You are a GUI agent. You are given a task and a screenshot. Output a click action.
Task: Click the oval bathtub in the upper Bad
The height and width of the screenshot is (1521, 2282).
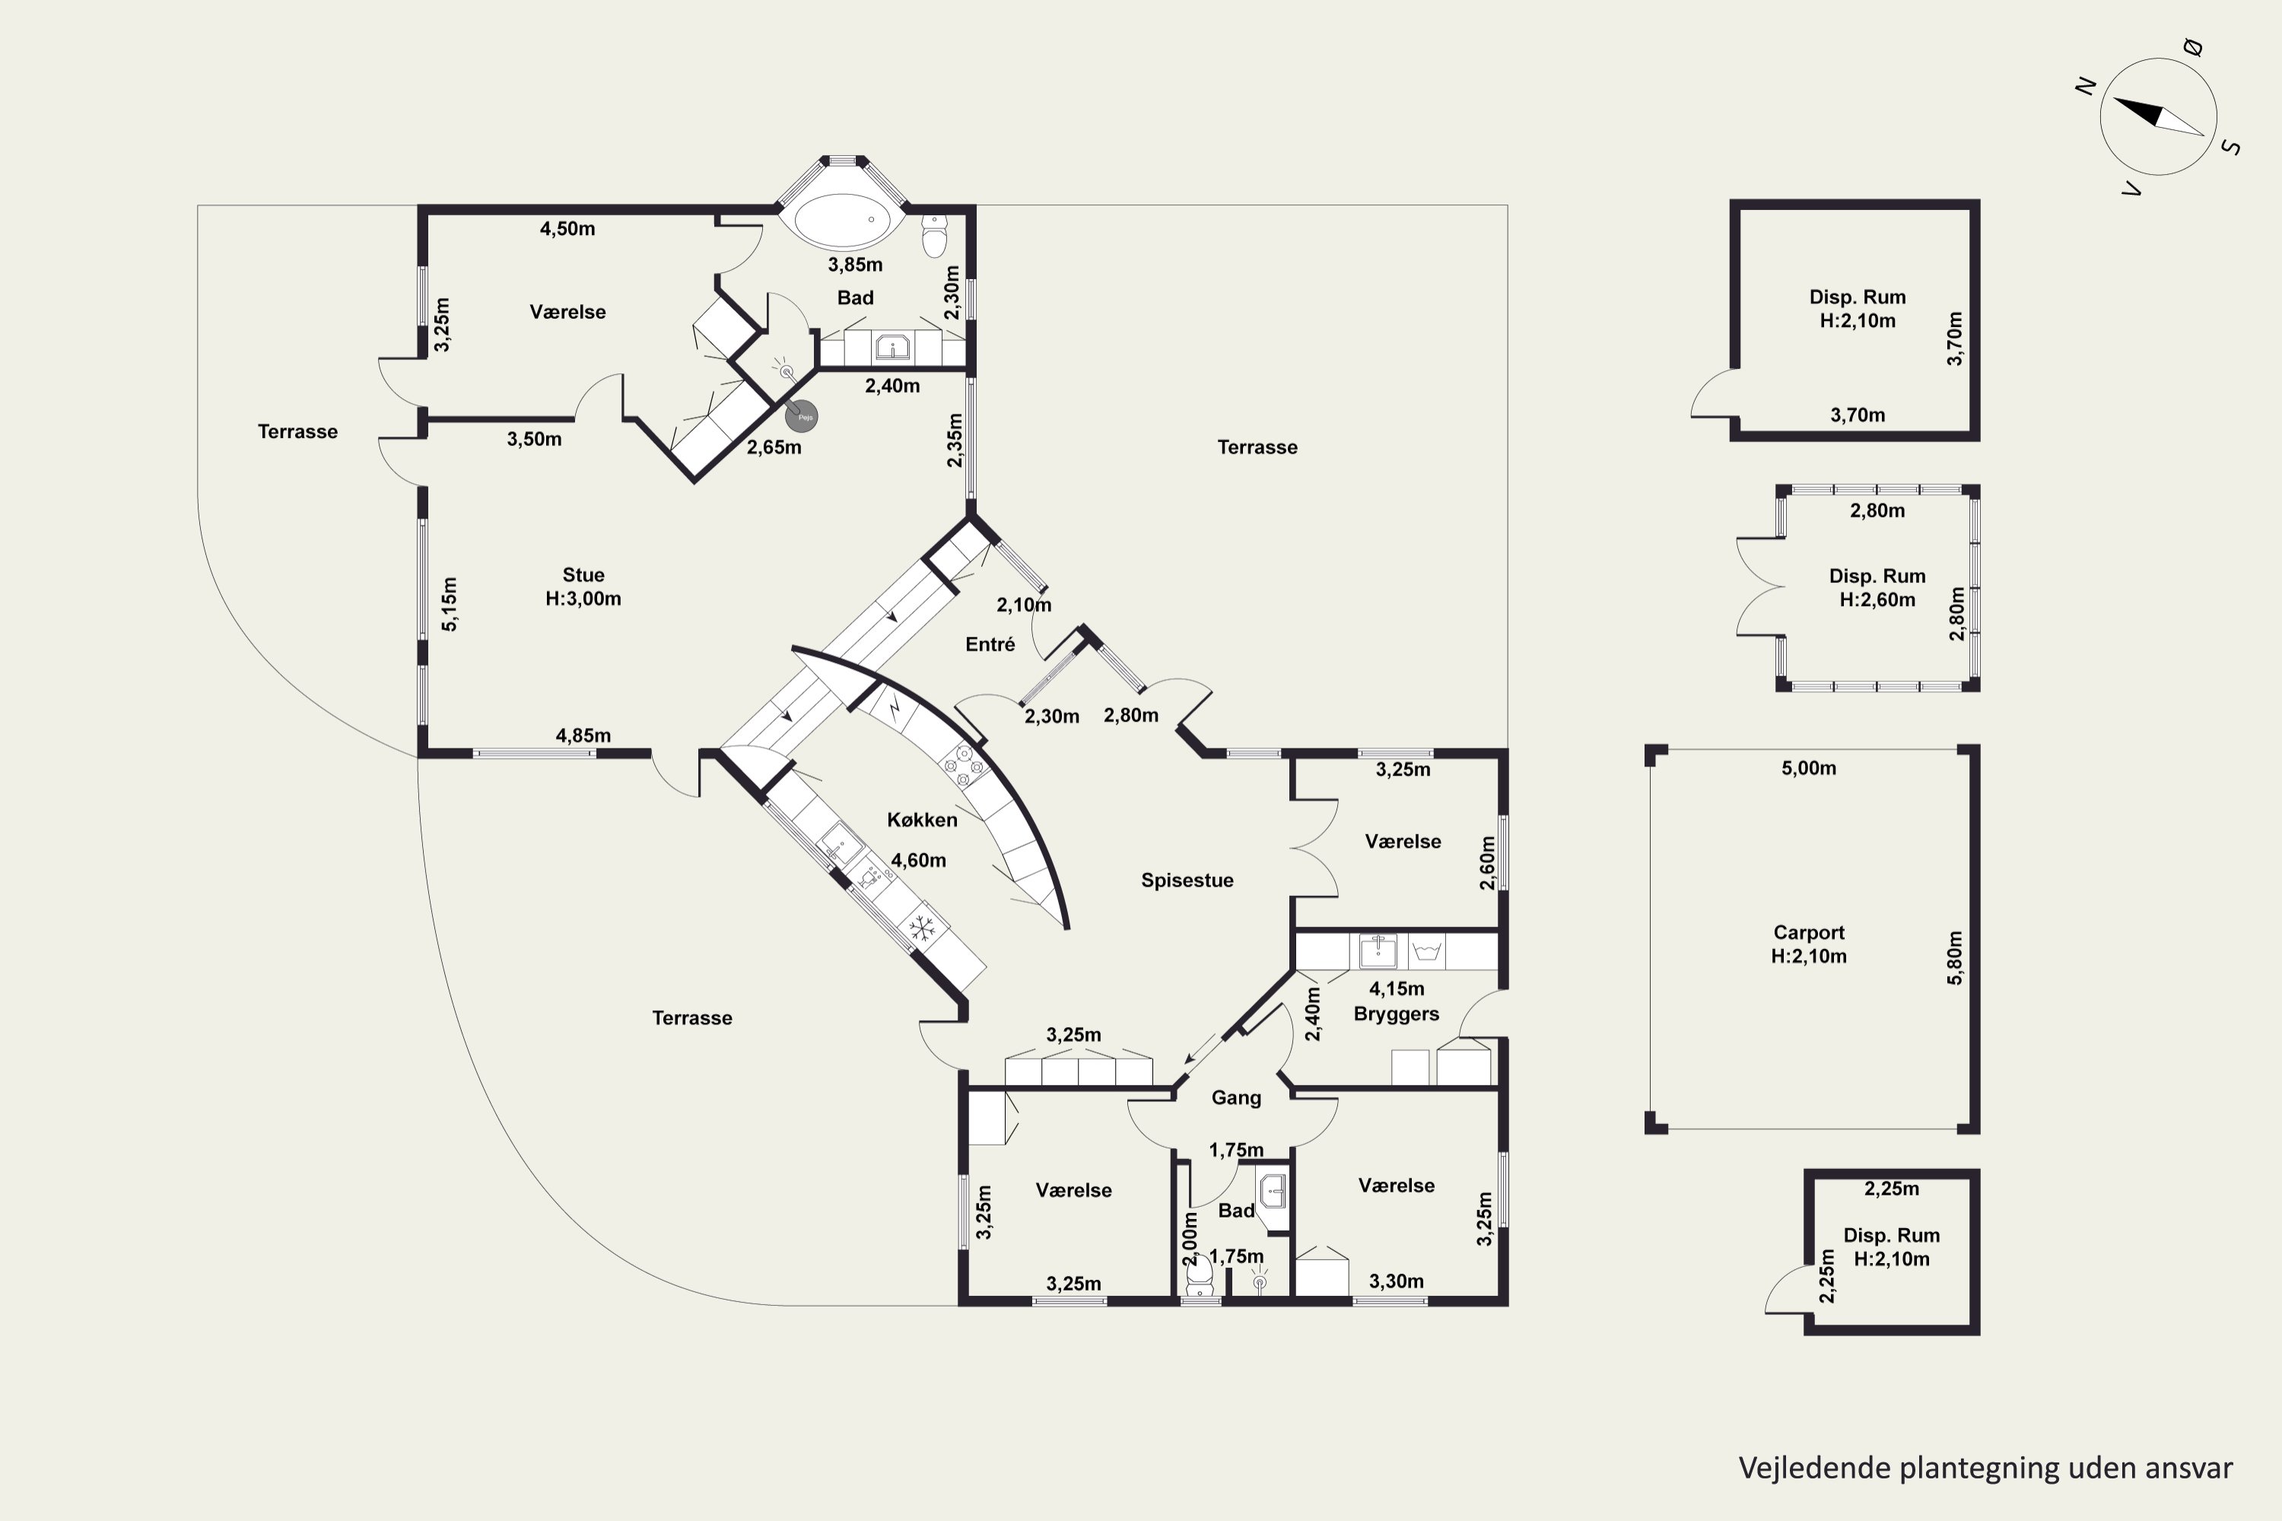[842, 221]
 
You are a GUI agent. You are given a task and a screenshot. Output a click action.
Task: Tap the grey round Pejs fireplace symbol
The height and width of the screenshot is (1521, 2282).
[802, 417]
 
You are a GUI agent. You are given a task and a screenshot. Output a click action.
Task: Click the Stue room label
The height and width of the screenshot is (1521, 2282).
[583, 575]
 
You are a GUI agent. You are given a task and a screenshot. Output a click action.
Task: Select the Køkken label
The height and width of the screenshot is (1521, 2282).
[922, 820]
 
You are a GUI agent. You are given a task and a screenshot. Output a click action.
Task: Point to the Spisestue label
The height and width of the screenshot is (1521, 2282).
[1187, 881]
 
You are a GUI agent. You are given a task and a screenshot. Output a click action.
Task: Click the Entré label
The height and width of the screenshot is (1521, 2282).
[990, 644]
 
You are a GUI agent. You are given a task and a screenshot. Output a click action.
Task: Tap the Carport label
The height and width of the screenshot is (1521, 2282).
[1809, 932]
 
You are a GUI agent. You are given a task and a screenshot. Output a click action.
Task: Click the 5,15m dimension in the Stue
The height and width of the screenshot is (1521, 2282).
[450, 605]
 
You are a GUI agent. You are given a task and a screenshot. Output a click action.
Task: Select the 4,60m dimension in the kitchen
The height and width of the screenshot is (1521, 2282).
[918, 860]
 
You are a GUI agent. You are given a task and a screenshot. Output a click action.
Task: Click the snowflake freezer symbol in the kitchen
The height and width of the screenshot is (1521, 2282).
[922, 929]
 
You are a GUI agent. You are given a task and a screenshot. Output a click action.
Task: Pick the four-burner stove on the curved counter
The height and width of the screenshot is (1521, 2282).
[964, 764]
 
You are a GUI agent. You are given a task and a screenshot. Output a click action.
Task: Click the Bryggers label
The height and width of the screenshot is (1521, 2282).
[1396, 1014]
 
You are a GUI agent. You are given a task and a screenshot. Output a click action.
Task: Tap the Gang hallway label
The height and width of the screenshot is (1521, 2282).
[1236, 1098]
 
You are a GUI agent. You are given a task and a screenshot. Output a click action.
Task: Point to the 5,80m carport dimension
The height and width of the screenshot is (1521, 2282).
[1954, 958]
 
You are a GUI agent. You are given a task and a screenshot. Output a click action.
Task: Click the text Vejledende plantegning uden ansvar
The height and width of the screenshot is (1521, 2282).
[1985, 1468]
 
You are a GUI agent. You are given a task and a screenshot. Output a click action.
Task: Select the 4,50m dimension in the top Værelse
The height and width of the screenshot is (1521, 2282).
[567, 229]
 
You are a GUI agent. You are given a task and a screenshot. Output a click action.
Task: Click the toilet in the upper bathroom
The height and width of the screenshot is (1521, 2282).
[934, 236]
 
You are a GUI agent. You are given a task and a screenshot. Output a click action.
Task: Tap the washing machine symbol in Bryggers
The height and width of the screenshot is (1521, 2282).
[1425, 951]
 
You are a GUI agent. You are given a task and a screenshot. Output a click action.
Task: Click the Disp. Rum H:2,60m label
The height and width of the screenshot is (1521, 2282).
[1877, 588]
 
